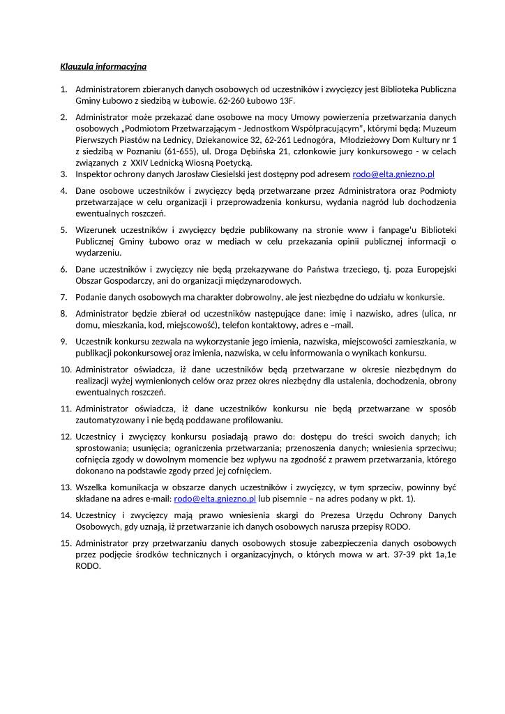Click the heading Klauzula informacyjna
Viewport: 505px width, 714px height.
tap(103, 68)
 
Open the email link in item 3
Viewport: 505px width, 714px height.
tap(393, 174)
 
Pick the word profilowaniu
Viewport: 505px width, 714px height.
tap(251, 420)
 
